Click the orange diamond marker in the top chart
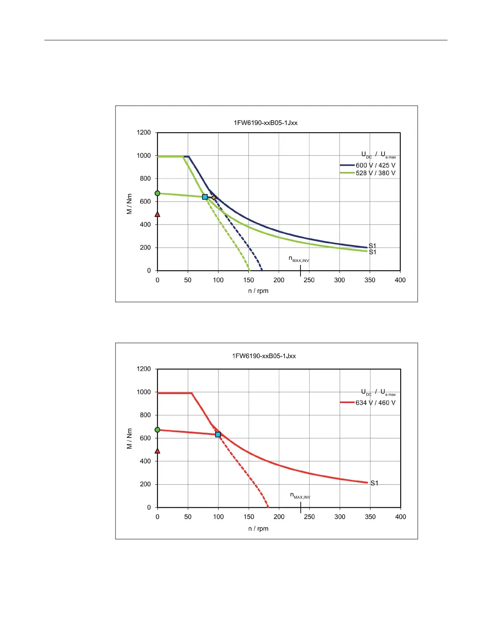214,198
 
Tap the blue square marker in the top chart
205,197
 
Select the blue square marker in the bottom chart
218,434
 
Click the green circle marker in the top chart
158,193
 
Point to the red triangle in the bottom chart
158,451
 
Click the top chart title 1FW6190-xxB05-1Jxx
265,123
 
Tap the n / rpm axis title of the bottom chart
258,528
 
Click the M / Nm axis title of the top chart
129,204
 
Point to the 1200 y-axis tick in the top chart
144,132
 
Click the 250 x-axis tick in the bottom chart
309,517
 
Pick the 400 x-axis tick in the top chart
400,280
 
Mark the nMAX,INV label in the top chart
299,259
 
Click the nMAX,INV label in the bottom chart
300,496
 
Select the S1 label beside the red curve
374,483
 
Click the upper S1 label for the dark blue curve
372,246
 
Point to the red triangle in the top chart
158,214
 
